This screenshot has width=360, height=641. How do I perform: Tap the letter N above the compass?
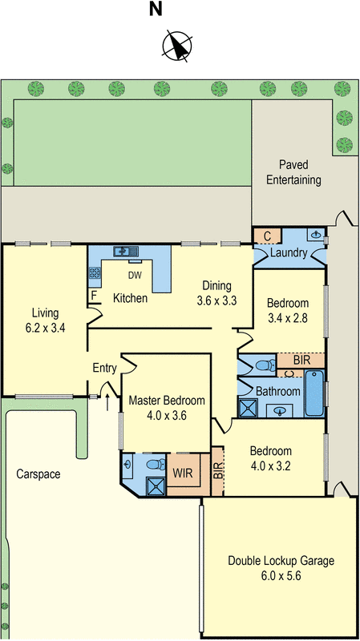156,10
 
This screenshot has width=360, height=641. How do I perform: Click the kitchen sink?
123,252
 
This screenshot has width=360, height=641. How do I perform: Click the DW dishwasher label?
136,274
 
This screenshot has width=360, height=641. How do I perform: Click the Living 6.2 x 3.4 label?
44,319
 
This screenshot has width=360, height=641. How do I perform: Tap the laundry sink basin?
317,236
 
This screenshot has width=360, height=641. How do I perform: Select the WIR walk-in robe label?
183,473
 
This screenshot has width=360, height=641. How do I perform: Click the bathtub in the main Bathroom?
315,393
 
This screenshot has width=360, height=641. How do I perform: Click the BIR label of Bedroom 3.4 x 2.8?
301,361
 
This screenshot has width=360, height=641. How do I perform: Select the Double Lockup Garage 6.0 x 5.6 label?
281,567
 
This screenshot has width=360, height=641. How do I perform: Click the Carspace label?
38,474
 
